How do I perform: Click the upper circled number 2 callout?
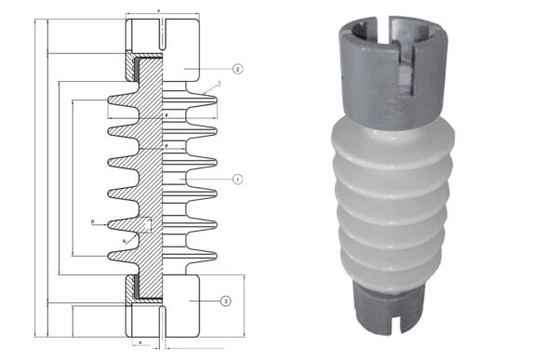click(238, 70)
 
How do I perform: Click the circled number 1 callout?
click(238, 179)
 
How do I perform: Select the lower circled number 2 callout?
click(225, 300)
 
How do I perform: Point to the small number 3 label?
click(218, 85)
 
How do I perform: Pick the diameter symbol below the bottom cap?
click(139, 343)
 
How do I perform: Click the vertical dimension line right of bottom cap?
click(245, 307)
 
